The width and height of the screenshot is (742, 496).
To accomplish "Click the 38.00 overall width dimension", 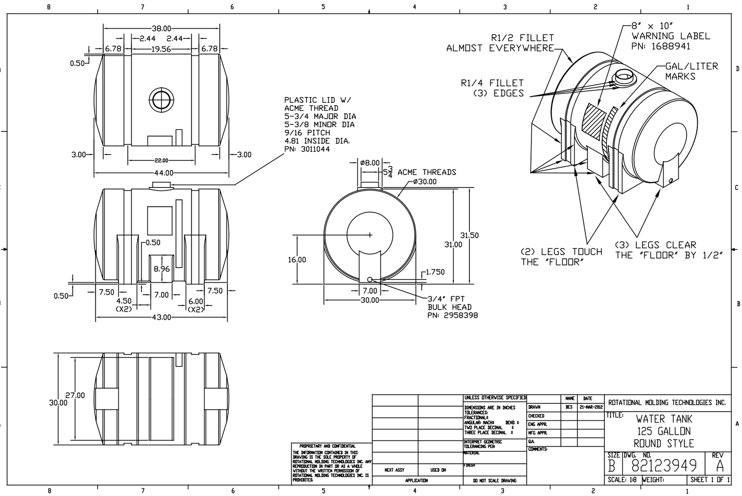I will coord(161,28).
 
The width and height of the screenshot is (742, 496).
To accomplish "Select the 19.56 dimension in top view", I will coord(161,49).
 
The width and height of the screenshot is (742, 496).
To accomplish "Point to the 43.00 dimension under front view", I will coord(161,317).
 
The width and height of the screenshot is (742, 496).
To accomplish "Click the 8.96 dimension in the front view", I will coord(161,269).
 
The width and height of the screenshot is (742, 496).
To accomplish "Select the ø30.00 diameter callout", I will coord(425,182).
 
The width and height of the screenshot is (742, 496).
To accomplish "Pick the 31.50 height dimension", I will coord(469,235).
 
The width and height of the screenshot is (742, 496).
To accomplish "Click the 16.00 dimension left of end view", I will coord(297,260).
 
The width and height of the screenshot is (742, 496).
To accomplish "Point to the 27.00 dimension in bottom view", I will coord(75,395).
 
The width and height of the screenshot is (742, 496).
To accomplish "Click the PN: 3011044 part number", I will coord(307,149).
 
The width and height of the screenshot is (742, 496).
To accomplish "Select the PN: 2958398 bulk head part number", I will coord(452,315).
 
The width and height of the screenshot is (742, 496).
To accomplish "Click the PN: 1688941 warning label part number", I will coord(661,46).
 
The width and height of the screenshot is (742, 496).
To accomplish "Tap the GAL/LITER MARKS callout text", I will coord(691,71).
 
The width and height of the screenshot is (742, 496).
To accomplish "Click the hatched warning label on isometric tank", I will coord(596,122).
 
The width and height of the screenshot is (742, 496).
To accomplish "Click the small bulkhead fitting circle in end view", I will coord(370,279).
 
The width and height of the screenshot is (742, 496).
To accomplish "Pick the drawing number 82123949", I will coord(664,465).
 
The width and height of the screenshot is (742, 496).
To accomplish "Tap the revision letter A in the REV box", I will coord(719,466).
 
